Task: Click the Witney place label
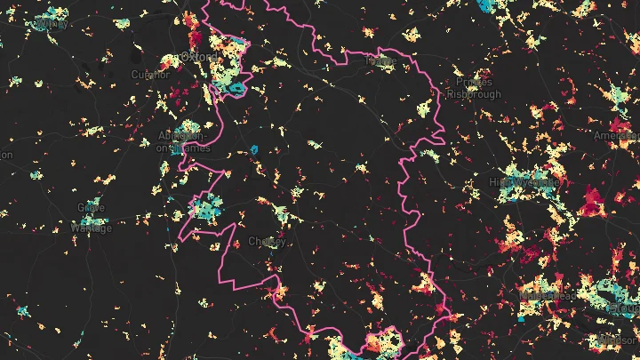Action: [50, 24]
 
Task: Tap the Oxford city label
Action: [199, 56]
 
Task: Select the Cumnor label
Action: [149, 75]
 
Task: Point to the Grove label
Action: [91, 207]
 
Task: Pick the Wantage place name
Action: [91, 228]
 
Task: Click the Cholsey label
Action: [267, 241]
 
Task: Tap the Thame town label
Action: [381, 61]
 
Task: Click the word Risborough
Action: [474, 93]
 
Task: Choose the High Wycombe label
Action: [524, 181]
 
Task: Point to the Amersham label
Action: [617, 135]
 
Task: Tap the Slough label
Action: [624, 307]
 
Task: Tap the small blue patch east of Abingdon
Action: [253, 148]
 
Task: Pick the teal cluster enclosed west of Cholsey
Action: [206, 210]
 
